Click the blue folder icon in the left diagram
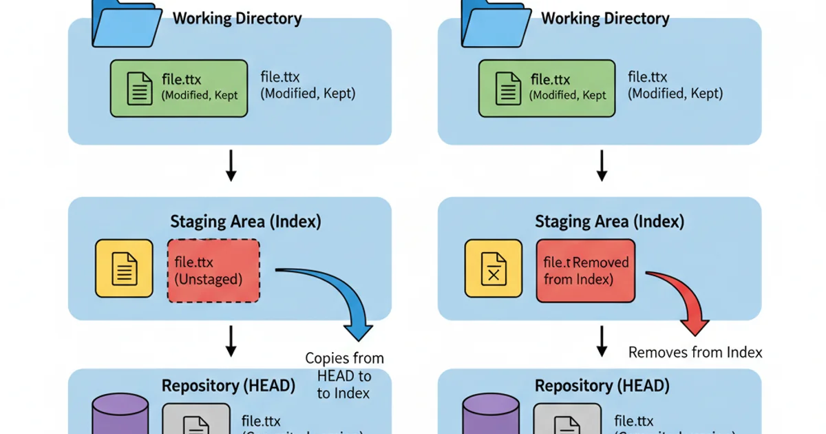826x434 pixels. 124,24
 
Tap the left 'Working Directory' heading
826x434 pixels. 237,18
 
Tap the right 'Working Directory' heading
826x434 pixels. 606,18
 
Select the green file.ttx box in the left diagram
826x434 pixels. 178,88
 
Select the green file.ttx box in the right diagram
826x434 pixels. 547,88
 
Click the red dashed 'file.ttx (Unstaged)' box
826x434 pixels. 213,270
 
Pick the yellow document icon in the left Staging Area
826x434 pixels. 124,268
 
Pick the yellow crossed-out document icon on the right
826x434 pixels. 493,268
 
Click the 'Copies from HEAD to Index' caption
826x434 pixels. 344,375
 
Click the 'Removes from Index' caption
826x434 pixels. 695,352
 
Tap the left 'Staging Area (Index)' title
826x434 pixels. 246,221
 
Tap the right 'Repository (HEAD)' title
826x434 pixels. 602,385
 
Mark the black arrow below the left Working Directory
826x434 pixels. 231,166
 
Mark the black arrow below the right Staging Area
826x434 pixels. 602,341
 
